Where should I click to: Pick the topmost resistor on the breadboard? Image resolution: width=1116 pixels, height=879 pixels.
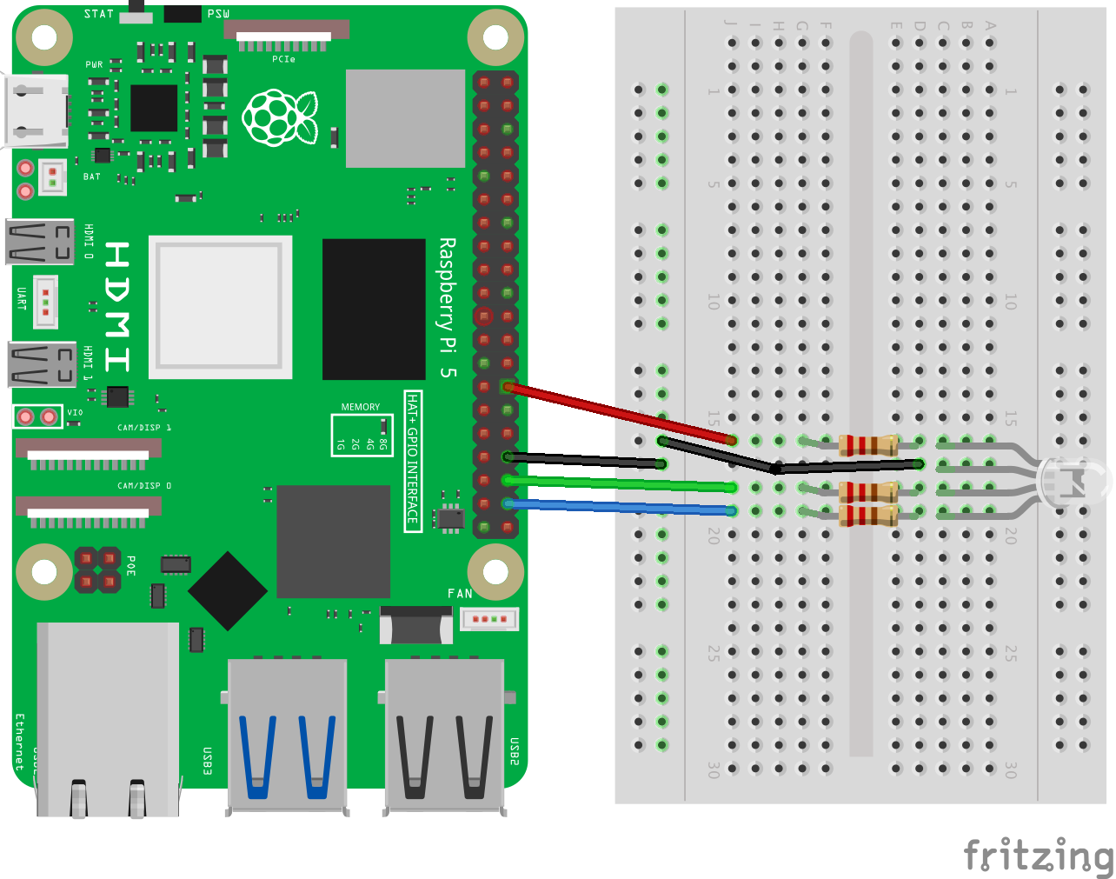click(868, 445)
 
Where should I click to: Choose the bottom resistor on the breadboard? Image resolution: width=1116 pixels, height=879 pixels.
click(868, 516)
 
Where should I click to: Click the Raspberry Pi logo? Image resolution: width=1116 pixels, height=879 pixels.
click(280, 117)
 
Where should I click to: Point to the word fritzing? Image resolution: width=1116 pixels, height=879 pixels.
click(1038, 856)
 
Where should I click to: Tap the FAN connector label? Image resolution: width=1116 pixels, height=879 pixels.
click(460, 594)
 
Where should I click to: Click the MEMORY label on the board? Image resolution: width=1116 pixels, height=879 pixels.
click(360, 407)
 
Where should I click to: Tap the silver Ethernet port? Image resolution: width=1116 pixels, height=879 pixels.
click(108, 722)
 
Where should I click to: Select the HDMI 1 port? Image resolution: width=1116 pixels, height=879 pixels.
click(42, 363)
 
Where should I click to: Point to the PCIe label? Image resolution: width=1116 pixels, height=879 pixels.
click(283, 59)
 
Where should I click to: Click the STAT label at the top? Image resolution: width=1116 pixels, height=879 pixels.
click(99, 14)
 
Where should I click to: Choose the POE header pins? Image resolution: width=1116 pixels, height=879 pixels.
click(96, 569)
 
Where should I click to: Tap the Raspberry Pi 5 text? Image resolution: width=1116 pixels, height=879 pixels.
click(447, 308)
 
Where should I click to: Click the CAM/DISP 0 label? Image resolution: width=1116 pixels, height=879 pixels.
click(144, 486)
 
